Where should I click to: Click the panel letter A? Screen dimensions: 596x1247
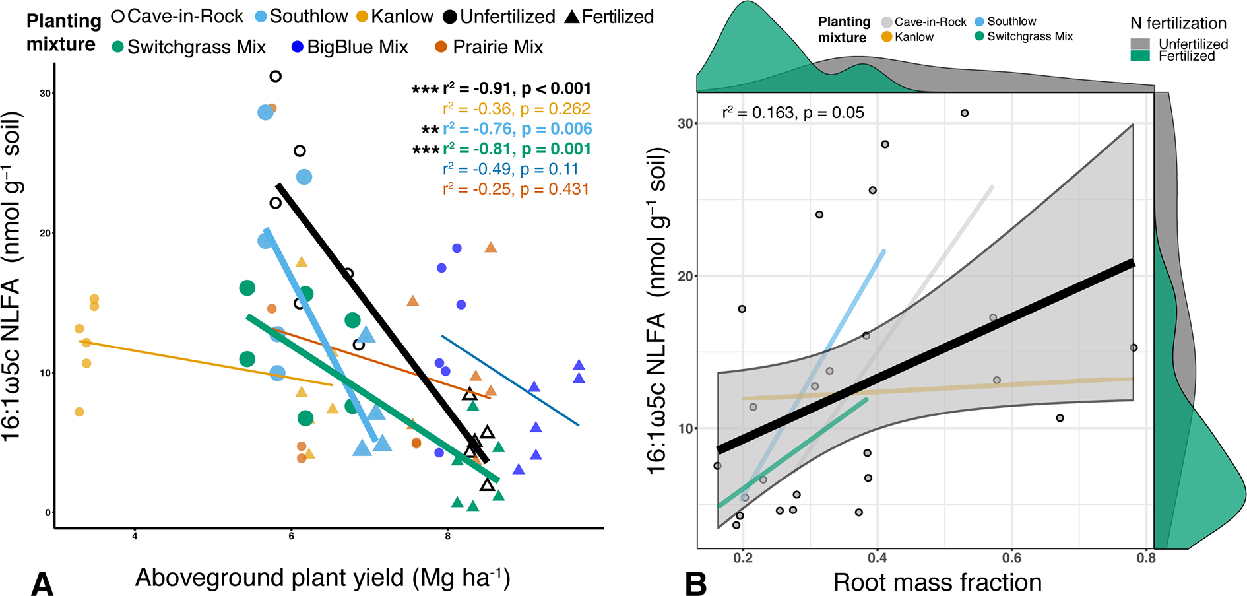coord(42,583)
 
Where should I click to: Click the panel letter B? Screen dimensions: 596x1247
coord(696,583)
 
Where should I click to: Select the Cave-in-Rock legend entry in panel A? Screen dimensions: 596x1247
coord(178,17)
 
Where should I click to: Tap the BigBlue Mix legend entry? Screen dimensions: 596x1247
coord(350,48)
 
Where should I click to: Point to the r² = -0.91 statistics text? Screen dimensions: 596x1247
coord(501,88)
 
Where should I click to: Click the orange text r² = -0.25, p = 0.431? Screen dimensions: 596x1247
coord(516,189)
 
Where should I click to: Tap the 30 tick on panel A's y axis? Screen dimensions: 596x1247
coord(45,94)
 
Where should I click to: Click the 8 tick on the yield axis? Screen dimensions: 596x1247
coord(447,536)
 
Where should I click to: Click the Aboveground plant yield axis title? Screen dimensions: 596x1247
coord(323,578)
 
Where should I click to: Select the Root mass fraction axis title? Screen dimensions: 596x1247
coord(938,582)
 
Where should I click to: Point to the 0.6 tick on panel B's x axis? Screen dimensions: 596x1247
coord(1011,558)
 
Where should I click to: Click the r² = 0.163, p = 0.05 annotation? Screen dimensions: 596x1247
coord(793,113)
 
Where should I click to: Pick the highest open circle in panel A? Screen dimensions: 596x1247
coord(276,77)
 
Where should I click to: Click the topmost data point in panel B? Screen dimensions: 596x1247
coord(965,114)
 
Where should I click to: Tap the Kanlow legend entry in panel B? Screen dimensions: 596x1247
coord(908,37)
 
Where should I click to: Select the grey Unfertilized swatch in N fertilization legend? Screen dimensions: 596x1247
coord(1140,44)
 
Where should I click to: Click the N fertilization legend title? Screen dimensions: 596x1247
coord(1178,24)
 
